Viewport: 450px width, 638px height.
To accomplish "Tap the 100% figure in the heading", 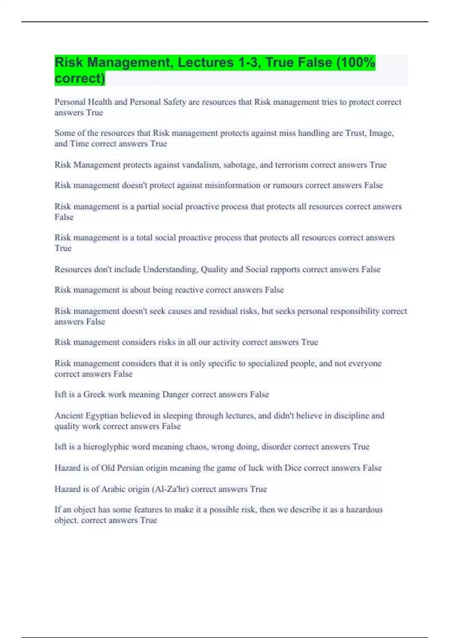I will [x=358, y=63].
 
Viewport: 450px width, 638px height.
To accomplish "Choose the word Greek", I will [x=94, y=394].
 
